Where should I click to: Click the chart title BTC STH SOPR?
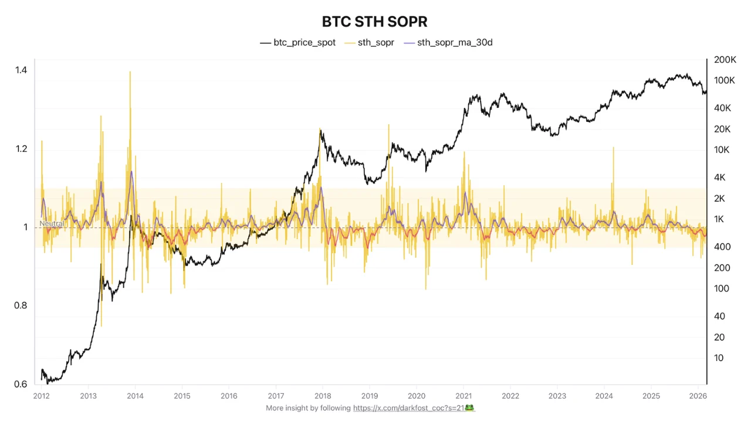click(375, 22)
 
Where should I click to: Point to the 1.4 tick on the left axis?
click(21, 70)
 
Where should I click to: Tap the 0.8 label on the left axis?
click(21, 305)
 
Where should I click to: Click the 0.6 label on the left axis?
click(21, 384)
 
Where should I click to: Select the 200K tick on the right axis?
click(725, 60)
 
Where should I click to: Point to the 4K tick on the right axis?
click(720, 178)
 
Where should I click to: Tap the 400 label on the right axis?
click(722, 247)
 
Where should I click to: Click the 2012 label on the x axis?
click(41, 396)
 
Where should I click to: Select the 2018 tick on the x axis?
click(323, 396)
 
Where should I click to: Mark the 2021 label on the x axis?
click(464, 396)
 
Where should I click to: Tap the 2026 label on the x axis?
click(698, 396)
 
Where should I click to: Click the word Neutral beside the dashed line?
click(52, 224)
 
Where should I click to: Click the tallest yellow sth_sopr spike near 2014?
click(130, 73)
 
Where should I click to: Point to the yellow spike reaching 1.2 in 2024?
click(613, 148)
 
